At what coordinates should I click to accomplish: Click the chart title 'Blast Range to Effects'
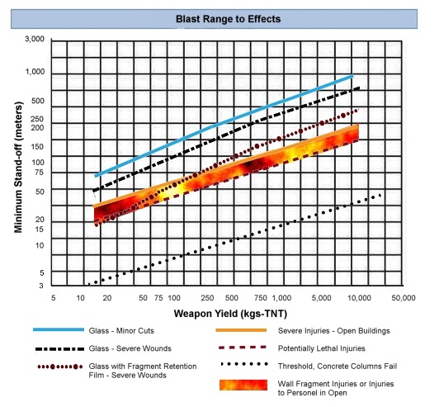pos(229,19)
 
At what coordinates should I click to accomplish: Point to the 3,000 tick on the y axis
pos(35,39)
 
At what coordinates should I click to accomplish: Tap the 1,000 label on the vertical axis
pos(35,72)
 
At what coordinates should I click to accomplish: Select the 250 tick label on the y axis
pos(37,119)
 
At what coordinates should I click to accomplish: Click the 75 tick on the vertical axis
pos(40,173)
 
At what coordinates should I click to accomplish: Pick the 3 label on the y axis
pos(41,286)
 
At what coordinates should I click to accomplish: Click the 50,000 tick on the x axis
pos(404,298)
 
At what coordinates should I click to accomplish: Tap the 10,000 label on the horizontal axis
pos(359,298)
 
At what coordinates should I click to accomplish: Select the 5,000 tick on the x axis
pos(322,298)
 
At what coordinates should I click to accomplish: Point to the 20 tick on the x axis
pos(107,298)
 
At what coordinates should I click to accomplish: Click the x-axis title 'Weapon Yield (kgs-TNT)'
pos(230,314)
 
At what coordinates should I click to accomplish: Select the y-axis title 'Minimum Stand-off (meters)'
pos(18,168)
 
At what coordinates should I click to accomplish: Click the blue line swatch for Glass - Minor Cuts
pos(59,329)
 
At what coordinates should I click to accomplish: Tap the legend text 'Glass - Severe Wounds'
pos(130,348)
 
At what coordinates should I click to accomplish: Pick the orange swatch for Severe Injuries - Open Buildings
pos(241,330)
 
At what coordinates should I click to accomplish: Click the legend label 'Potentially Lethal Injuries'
pos(322,348)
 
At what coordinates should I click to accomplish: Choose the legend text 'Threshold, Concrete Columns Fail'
pos(338,366)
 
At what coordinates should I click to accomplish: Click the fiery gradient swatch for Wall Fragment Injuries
pos(243,385)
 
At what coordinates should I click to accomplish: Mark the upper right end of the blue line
pos(353,76)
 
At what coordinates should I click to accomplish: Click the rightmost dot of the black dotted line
pos(380,195)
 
